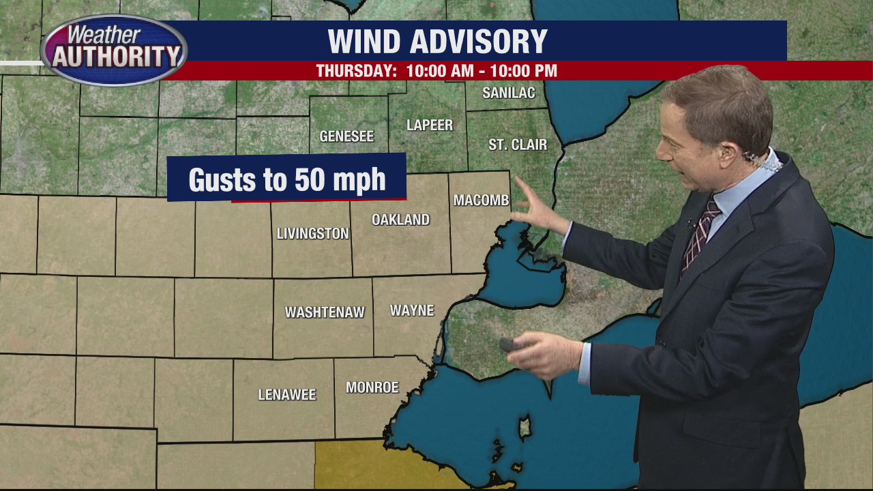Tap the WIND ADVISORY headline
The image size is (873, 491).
(437, 42)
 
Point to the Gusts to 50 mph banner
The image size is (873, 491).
(286, 179)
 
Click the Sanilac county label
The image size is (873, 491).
(508, 93)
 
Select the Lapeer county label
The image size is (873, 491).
(430, 125)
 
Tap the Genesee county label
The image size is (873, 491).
(346, 136)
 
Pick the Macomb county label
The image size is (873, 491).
(482, 200)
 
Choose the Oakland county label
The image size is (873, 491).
(400, 220)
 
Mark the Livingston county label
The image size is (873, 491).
(312, 234)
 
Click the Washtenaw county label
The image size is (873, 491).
(325, 312)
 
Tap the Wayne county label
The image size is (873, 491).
(412, 311)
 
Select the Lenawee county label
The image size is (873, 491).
(287, 395)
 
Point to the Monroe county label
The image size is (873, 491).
(372, 387)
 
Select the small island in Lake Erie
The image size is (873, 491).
(525, 428)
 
